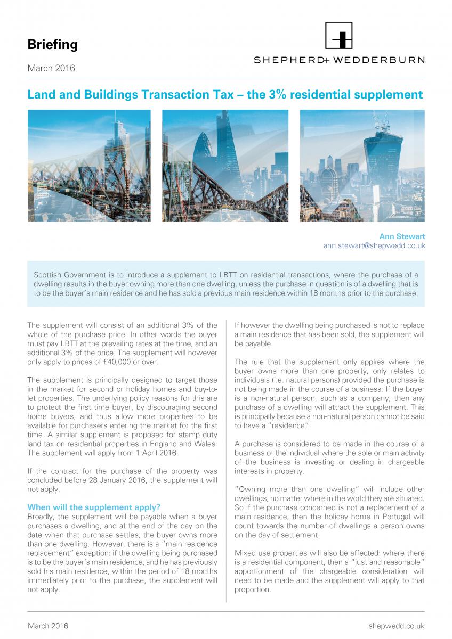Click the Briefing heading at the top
click(x=52, y=45)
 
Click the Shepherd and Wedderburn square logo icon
click(x=338, y=36)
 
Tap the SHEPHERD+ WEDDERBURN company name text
click(x=338, y=60)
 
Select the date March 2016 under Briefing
click(x=51, y=68)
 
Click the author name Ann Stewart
click(x=402, y=236)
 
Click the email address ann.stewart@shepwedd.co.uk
click(x=374, y=246)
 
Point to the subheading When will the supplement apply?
click(x=94, y=507)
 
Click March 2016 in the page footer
click(x=48, y=626)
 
